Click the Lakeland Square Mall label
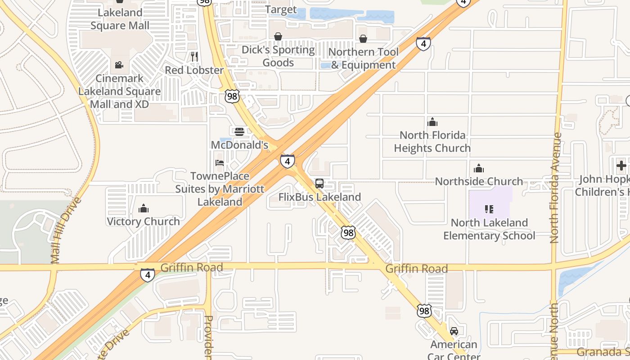(x=120, y=19)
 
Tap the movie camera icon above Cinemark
(x=119, y=65)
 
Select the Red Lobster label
(x=194, y=70)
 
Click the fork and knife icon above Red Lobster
(x=194, y=56)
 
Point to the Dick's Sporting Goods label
(x=278, y=56)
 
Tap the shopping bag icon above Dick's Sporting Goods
(x=278, y=36)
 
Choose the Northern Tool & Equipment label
(x=363, y=58)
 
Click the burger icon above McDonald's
(x=239, y=131)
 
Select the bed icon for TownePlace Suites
(x=220, y=162)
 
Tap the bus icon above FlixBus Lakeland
(x=319, y=184)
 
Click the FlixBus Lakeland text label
(x=319, y=197)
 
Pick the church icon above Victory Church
(x=144, y=208)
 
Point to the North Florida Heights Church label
(x=432, y=141)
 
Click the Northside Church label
(x=479, y=181)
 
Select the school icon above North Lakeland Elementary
(x=489, y=209)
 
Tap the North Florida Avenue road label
(x=555, y=188)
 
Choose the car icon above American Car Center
(x=454, y=331)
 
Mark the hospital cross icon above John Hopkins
(x=621, y=166)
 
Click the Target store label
(x=281, y=9)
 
